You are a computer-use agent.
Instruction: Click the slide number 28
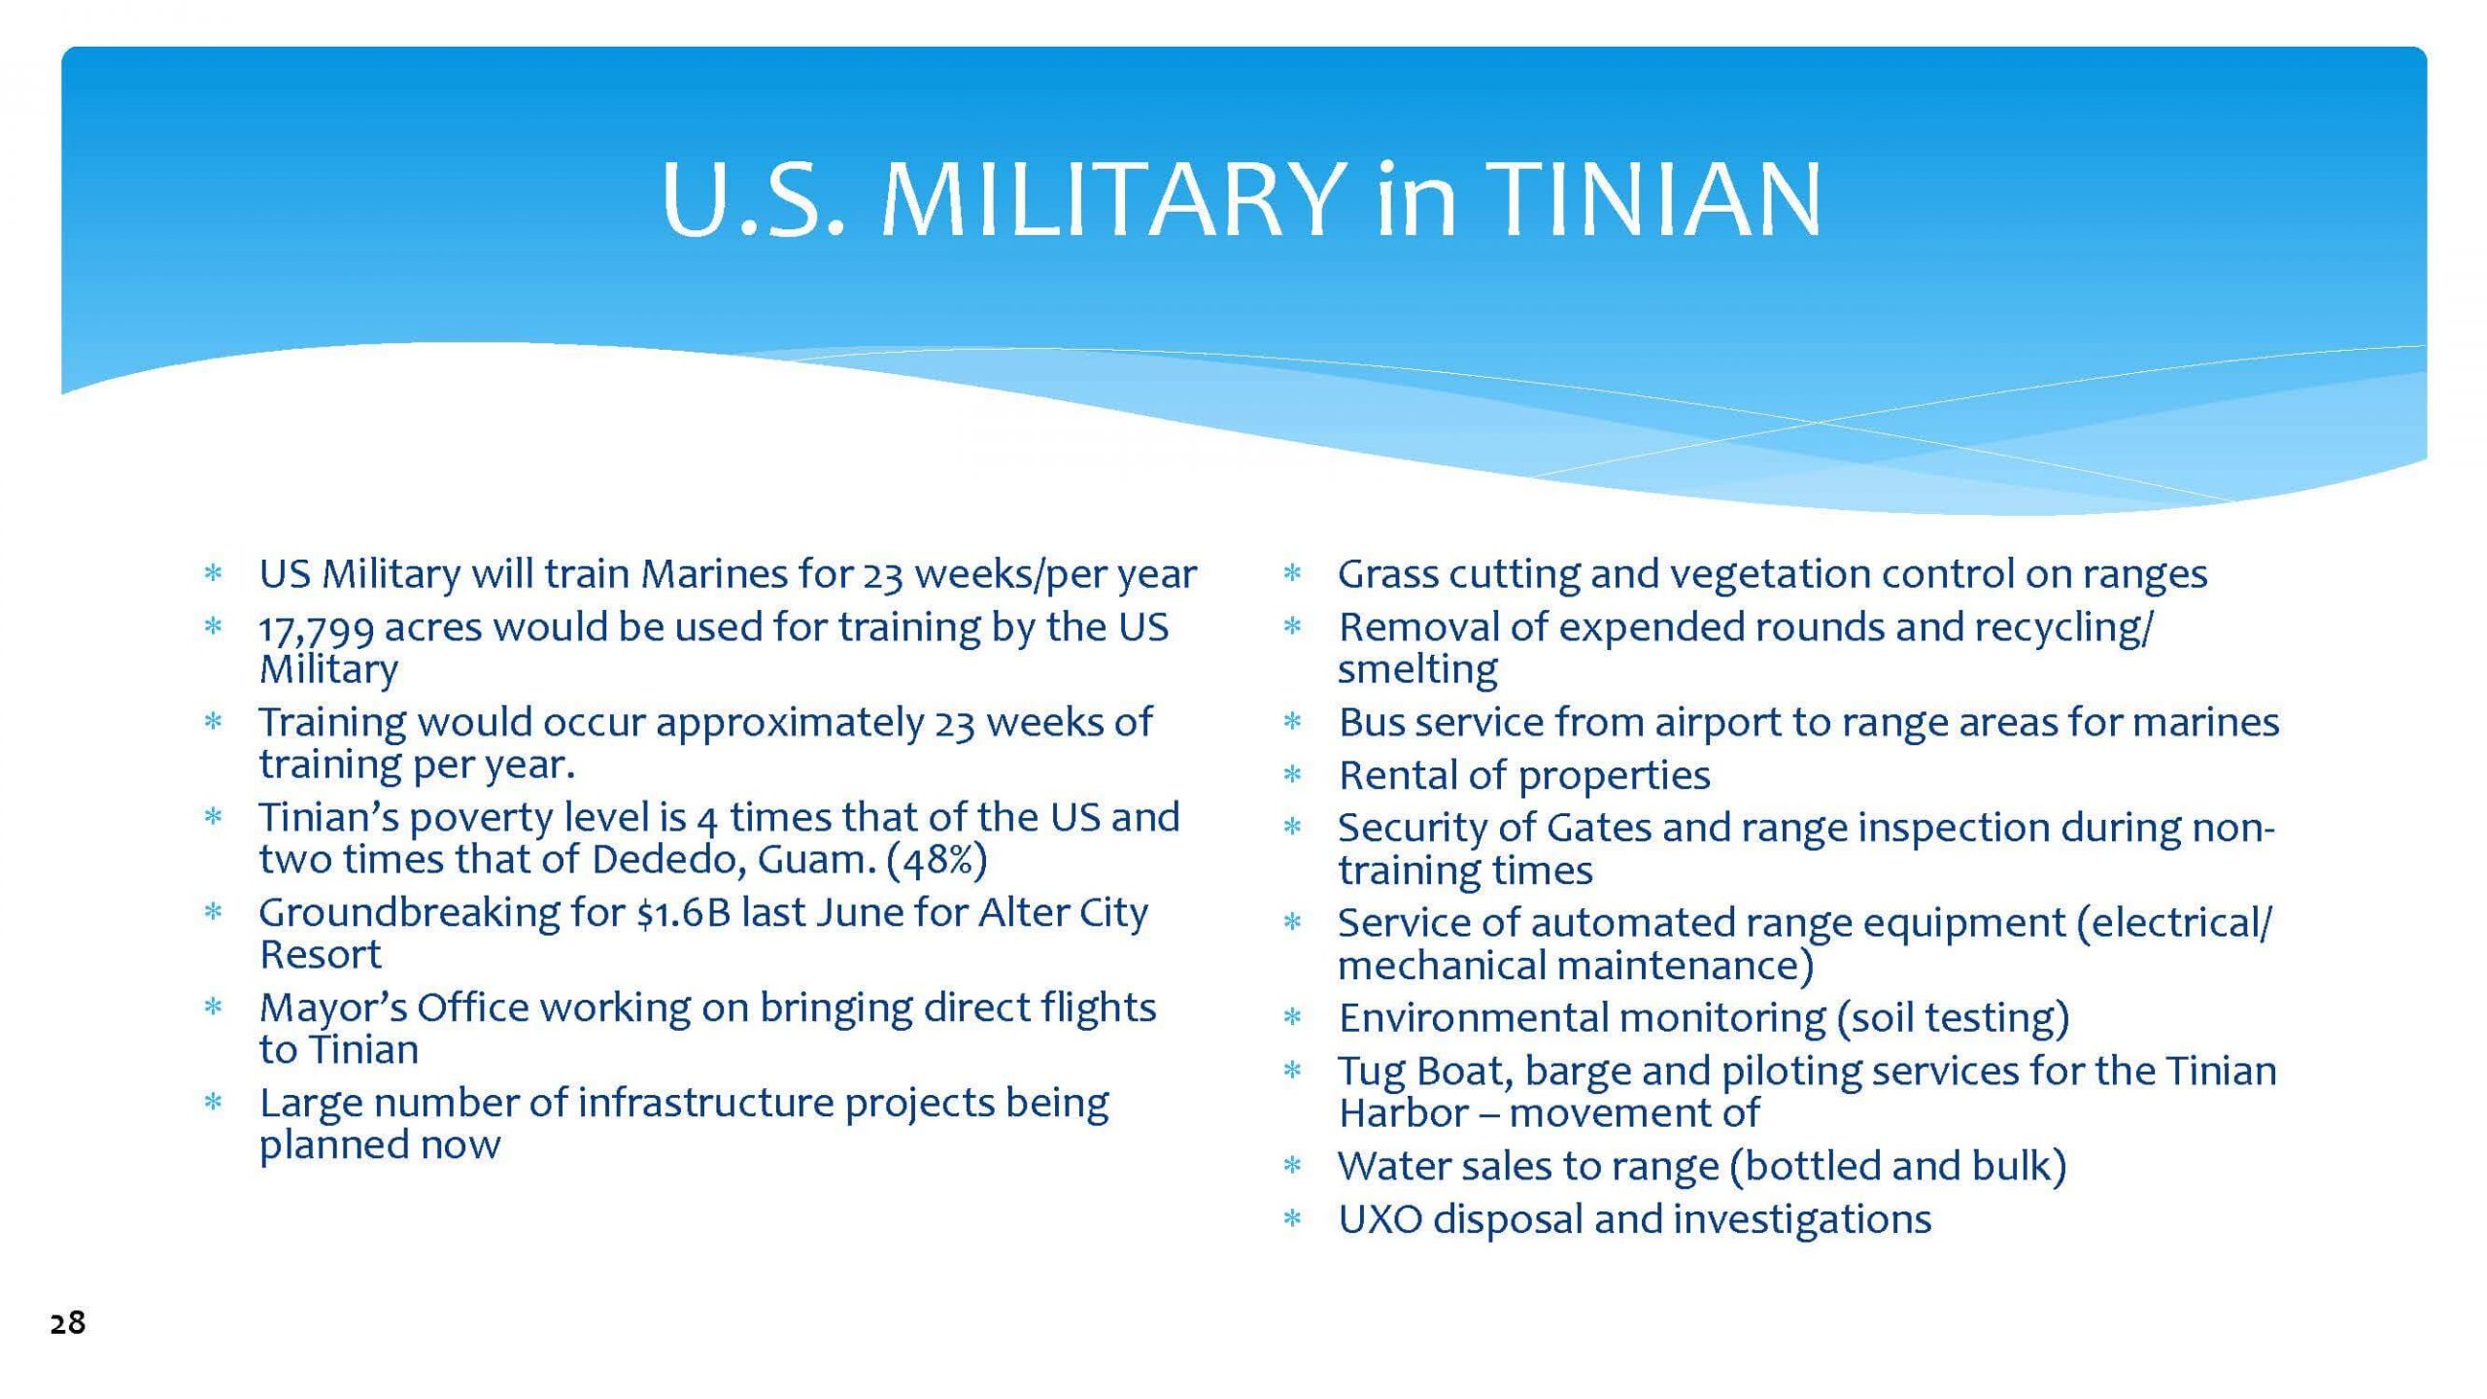(68, 1322)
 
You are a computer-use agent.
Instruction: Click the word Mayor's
(331, 1008)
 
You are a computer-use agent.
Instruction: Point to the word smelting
(1417, 669)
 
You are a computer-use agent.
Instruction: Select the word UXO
(1380, 1219)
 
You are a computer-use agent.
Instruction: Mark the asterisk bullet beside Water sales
(1292, 1166)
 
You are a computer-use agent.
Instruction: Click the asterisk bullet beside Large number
(213, 1103)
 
